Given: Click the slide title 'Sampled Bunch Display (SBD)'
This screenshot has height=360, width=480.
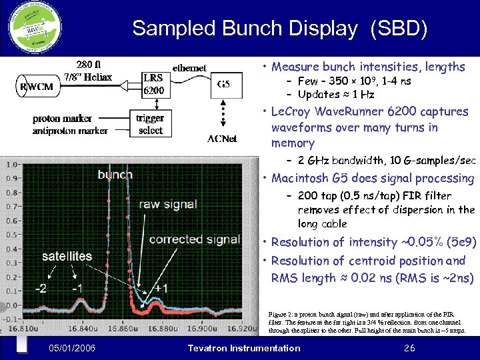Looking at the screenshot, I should point(279,29).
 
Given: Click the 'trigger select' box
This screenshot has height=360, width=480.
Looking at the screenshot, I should point(151,124).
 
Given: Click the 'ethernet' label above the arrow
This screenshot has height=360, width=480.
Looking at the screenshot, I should point(189,67).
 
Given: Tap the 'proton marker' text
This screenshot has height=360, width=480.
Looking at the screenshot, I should point(63,119).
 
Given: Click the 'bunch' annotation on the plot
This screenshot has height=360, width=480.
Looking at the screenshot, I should point(115,175).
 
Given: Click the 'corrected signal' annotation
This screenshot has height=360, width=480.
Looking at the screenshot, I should point(194,239).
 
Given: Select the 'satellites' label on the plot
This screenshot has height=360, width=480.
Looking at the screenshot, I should point(67,256).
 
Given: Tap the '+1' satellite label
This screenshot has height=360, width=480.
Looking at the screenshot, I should point(160,288).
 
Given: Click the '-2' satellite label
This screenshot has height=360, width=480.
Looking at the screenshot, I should point(41,288).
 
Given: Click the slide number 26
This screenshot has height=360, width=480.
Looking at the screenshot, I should point(409,348).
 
